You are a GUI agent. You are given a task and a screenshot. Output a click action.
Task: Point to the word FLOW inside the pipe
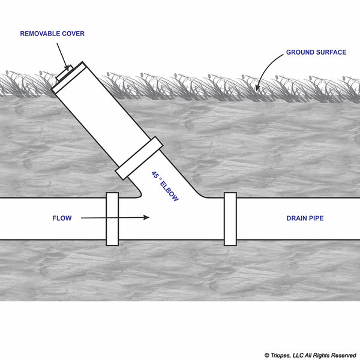62,218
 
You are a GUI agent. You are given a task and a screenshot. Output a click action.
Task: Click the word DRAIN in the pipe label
296,218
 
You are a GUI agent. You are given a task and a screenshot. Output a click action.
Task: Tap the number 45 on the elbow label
155,175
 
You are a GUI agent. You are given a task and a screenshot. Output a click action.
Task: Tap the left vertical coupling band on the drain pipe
112,219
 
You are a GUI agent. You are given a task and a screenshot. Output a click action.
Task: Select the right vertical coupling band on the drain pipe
230,219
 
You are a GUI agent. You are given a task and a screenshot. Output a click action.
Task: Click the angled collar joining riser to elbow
139,158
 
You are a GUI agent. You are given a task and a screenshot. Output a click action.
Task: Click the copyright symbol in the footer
266,355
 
